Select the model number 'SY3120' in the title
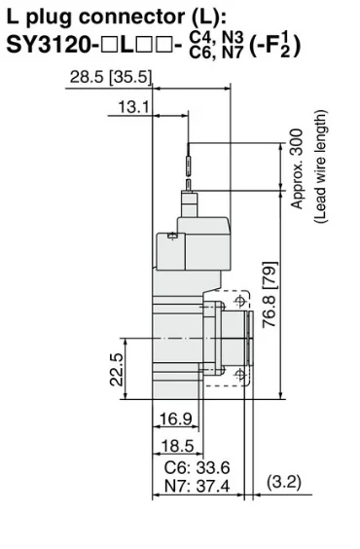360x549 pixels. pyautogui.click(x=49, y=45)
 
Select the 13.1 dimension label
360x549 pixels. pyautogui.click(x=126, y=107)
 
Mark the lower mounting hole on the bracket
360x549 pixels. pyautogui.click(x=240, y=374)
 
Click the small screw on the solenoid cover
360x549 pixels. pyautogui.click(x=172, y=236)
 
